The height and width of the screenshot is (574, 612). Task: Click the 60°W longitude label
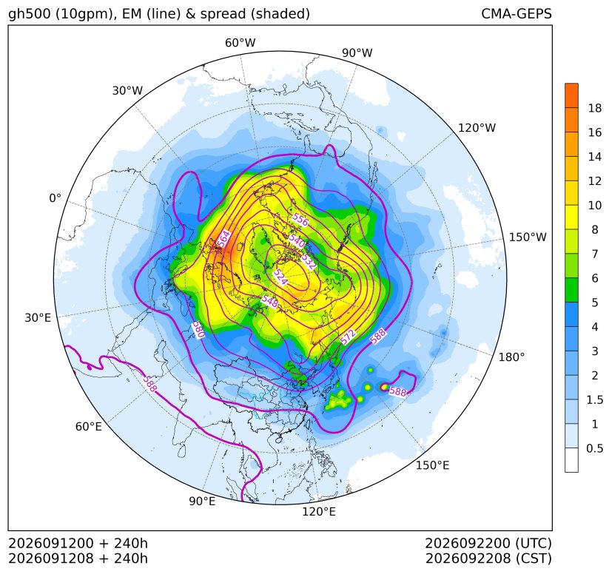[240, 43]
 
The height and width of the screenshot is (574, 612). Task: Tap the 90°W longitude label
[357, 53]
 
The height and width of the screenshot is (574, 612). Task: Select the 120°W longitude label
[477, 128]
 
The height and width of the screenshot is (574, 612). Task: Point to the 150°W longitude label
[528, 237]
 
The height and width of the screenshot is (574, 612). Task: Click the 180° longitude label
[511, 357]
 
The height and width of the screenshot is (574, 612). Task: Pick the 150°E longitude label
[432, 465]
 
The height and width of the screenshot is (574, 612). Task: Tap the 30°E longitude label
[38, 317]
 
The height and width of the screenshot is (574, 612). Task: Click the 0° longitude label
[55, 198]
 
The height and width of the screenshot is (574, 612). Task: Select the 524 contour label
[280, 277]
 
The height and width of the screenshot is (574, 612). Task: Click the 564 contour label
[223, 238]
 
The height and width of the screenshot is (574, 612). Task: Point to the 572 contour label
[348, 337]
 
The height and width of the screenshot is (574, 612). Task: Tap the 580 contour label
[198, 330]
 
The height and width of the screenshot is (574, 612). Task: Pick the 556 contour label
[300, 220]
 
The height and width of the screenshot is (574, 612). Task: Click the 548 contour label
[269, 301]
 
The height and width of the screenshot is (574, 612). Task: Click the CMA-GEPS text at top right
[517, 13]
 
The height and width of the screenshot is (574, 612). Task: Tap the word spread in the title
[222, 14]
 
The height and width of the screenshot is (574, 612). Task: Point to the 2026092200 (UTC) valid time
[488, 543]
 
